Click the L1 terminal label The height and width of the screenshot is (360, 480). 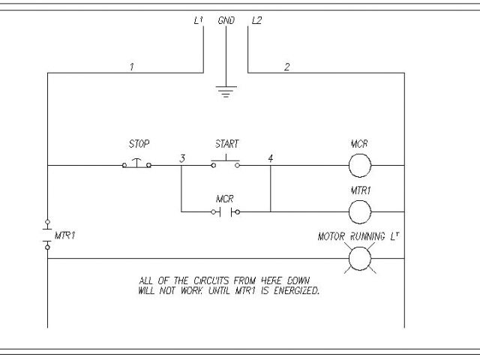pyautogui.click(x=199, y=21)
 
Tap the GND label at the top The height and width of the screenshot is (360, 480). pyautogui.click(x=226, y=21)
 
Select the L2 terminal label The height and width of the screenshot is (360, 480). pyautogui.click(x=256, y=21)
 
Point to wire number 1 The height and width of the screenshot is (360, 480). pyautogui.click(x=132, y=67)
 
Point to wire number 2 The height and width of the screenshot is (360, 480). pyautogui.click(x=286, y=67)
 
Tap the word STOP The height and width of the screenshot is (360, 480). pyautogui.click(x=139, y=142)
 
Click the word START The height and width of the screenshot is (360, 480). pyautogui.click(x=226, y=142)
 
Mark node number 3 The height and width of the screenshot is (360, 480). pyautogui.click(x=183, y=158)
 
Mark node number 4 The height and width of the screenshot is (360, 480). pyautogui.click(x=270, y=158)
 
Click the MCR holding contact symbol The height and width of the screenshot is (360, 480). pyautogui.click(x=226, y=211)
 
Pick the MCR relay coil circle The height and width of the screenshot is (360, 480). pyautogui.click(x=360, y=164)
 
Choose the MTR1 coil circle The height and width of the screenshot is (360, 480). pyautogui.click(x=360, y=211)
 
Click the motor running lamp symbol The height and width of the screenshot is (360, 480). pyautogui.click(x=360, y=258)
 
